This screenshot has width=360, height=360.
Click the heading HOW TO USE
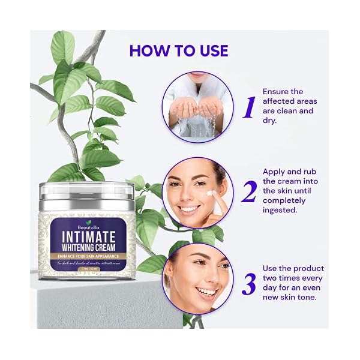(x=179, y=50)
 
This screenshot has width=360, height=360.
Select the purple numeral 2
(x=247, y=191)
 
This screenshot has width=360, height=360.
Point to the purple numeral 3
(x=248, y=283)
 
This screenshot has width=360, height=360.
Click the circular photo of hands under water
(x=196, y=107)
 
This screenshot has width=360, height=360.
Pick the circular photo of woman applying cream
(x=196, y=192)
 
